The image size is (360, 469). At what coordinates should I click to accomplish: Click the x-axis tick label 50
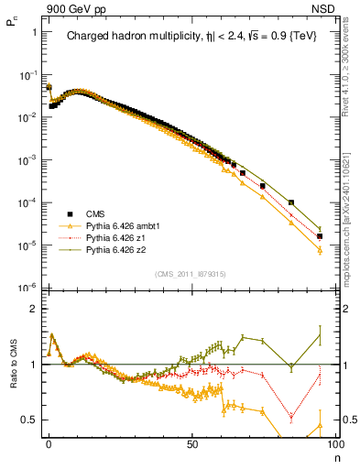[191, 442]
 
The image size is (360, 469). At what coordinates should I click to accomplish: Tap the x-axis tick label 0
[49, 442]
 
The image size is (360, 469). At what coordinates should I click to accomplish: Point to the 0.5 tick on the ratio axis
[29, 420]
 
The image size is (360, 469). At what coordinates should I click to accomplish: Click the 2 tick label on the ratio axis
[33, 309]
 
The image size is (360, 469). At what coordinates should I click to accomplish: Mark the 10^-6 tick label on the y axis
[27, 288]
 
